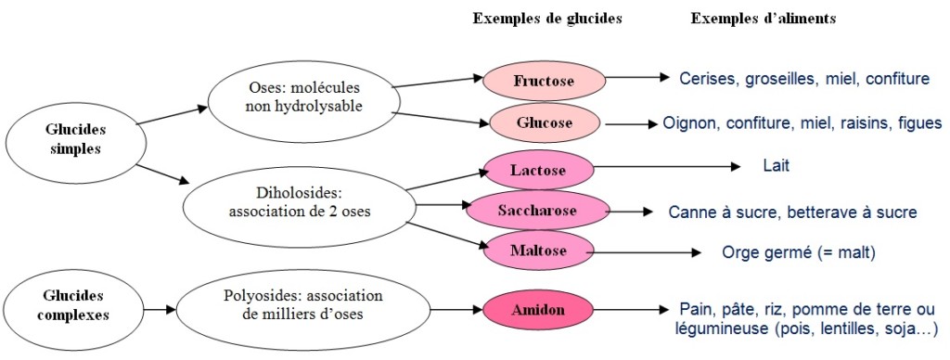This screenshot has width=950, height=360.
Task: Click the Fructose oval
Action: click(544, 81)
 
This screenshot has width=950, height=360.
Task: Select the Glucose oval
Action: click(544, 122)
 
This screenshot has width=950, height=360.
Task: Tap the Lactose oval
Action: click(538, 171)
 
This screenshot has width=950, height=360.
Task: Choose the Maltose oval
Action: click(538, 251)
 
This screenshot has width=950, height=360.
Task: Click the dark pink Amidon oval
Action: click(538, 308)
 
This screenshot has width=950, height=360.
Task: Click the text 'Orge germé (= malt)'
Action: click(798, 252)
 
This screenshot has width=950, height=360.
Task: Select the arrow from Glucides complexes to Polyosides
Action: click(151, 307)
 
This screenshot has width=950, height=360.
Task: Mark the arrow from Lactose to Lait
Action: click(667, 168)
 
